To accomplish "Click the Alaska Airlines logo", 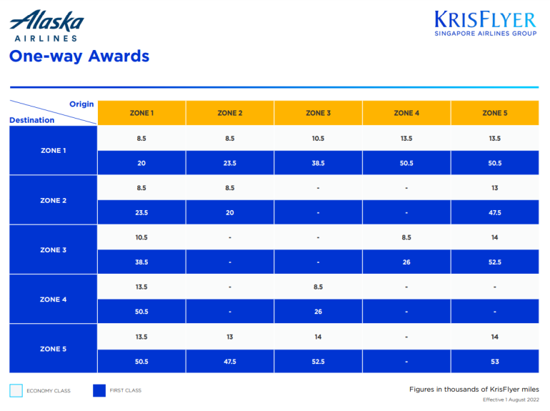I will (x=46, y=26).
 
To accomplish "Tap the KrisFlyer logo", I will (x=485, y=23).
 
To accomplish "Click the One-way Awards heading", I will (x=79, y=56).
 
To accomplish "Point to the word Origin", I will (x=81, y=104).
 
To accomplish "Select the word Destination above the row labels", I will (x=31, y=120).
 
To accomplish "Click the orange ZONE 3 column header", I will (x=318, y=113).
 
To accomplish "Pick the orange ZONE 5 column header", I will (x=494, y=113).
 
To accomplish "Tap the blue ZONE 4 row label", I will (x=53, y=299).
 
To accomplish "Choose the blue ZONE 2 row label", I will (x=53, y=200).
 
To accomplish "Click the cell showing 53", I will (x=494, y=362).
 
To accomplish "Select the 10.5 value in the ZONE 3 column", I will (x=318, y=139).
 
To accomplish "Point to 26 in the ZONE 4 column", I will (x=406, y=262).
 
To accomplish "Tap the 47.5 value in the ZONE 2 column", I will (x=229, y=362).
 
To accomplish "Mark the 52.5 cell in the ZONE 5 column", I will (x=494, y=262).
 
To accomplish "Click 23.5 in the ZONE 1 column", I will (x=141, y=213).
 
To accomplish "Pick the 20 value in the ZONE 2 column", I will (x=229, y=213).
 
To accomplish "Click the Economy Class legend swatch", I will (x=16, y=390).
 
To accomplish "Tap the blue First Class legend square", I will (x=99, y=390).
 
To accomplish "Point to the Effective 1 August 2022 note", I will (x=511, y=400).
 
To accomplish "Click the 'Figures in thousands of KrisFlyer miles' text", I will (x=474, y=389).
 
